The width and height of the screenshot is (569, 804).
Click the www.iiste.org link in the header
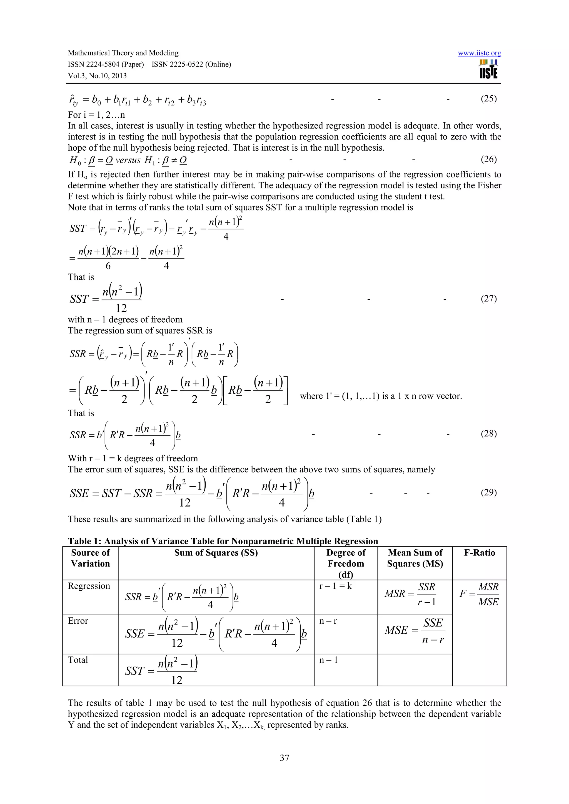(x=479, y=53)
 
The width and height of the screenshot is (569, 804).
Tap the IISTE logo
(x=488, y=69)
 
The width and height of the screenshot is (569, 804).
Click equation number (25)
(x=488, y=98)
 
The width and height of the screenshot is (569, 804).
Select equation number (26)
(x=488, y=159)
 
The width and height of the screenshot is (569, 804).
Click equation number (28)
(x=488, y=434)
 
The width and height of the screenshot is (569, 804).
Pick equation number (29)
(x=488, y=493)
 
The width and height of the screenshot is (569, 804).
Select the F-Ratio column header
(x=479, y=553)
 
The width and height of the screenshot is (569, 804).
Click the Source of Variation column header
(x=91, y=558)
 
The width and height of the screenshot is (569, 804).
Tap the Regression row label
(x=89, y=586)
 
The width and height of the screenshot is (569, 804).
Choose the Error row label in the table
(x=78, y=621)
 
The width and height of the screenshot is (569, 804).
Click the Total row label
(x=78, y=660)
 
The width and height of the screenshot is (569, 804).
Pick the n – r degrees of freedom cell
(x=328, y=621)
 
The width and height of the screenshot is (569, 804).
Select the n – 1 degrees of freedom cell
(x=328, y=660)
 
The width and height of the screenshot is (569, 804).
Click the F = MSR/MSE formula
(x=479, y=594)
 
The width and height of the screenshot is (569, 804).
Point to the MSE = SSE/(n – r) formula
(x=415, y=631)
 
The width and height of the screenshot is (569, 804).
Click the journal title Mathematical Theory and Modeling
(x=123, y=53)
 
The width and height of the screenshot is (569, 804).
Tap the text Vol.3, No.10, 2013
(x=97, y=76)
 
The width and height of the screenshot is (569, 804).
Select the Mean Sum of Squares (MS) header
(x=415, y=558)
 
